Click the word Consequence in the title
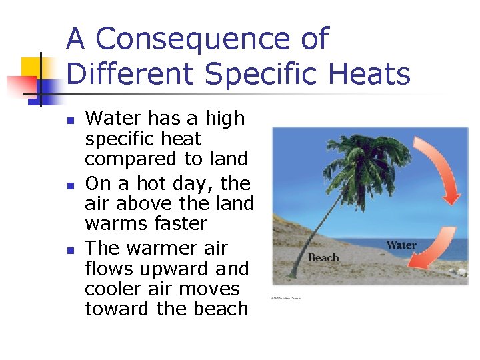[212, 39]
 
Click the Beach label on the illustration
[323, 258]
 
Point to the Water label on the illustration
[401, 245]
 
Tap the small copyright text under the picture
[286, 299]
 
